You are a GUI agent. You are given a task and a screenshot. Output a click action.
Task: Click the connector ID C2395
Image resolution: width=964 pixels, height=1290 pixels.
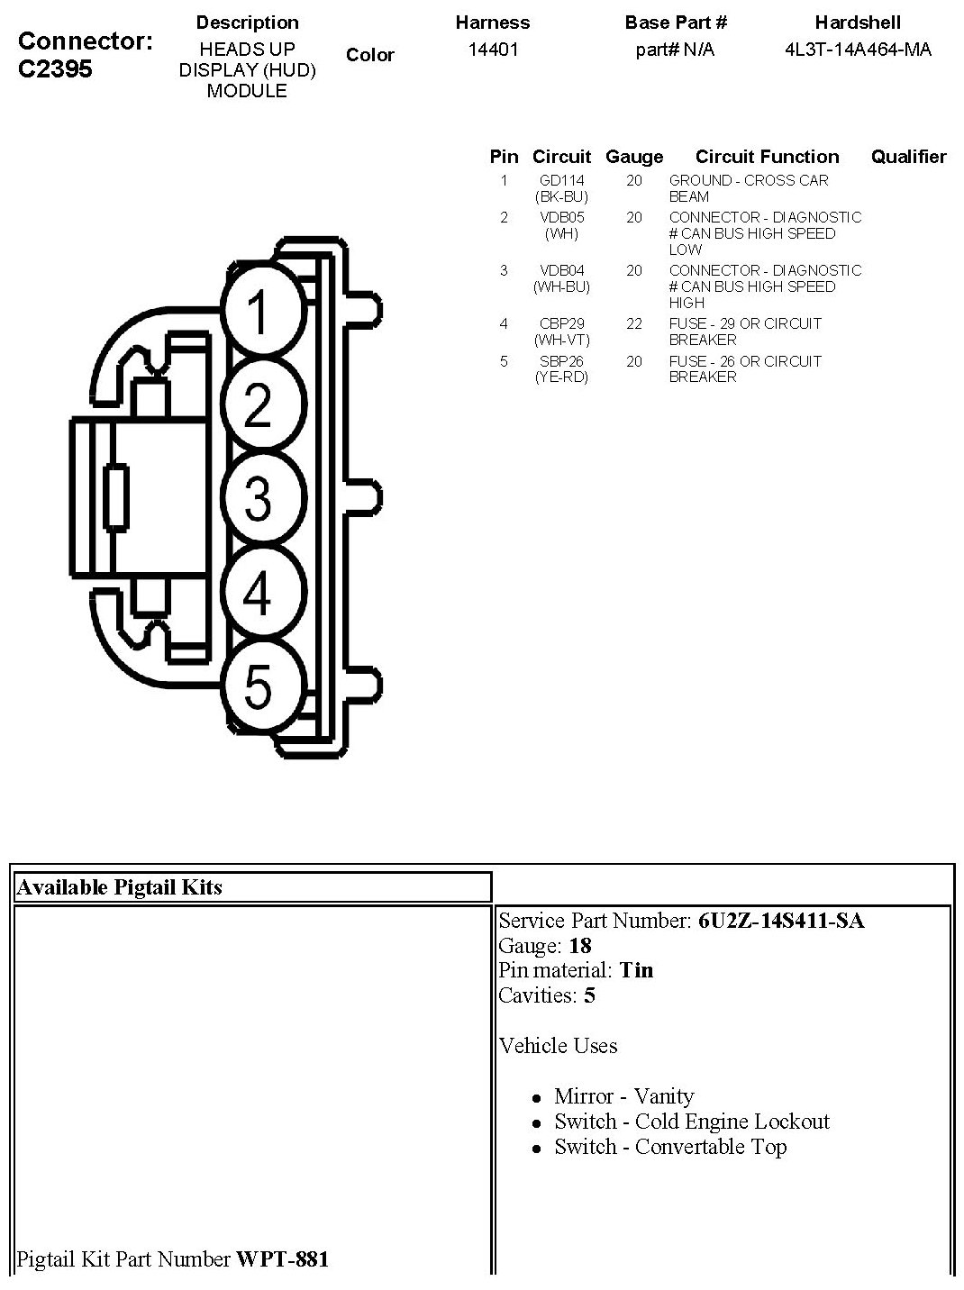55,69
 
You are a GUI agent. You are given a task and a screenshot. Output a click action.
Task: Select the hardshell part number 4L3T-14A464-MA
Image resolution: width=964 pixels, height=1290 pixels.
858,50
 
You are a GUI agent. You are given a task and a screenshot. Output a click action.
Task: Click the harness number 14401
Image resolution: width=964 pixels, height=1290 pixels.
493,50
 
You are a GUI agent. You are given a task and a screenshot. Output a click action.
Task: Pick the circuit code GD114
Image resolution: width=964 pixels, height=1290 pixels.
561,180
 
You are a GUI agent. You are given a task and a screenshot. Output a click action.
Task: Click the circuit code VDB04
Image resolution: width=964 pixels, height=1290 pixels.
561,270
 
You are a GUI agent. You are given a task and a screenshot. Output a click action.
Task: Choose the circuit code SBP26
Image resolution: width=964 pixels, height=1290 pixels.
561,361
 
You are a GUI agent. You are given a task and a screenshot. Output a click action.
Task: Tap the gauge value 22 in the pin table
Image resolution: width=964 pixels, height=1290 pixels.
634,323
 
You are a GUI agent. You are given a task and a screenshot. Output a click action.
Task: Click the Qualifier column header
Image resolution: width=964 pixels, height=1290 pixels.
908,157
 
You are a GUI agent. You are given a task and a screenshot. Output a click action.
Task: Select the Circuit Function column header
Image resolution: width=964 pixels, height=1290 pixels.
767,157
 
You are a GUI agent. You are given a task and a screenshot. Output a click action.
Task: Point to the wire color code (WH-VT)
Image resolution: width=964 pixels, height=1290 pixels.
561,340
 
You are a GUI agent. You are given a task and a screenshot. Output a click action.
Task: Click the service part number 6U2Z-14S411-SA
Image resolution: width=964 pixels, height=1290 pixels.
780,921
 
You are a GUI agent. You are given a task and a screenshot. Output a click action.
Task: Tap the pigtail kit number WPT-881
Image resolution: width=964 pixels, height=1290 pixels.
282,1258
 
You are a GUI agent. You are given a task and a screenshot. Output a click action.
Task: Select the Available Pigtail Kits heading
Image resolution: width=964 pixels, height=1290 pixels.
119,887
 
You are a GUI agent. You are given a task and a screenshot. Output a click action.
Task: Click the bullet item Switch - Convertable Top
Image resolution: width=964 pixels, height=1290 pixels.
670,1147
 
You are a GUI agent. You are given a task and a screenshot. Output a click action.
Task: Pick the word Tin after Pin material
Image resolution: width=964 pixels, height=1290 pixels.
636,970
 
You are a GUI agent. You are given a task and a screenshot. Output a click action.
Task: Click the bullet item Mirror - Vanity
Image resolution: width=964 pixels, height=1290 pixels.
623,1096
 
